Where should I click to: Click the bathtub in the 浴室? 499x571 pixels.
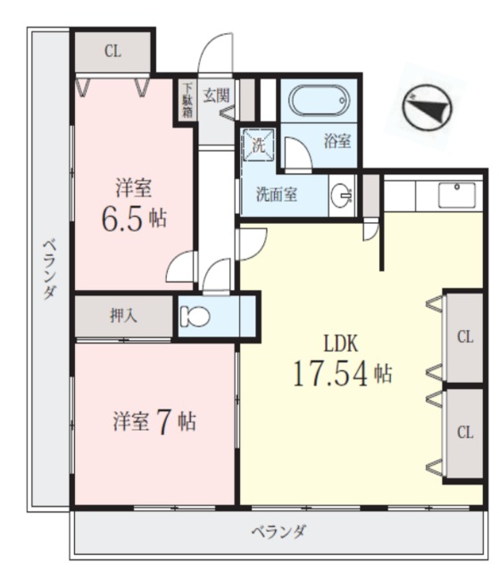319,101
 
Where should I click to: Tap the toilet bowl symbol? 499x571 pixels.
195,316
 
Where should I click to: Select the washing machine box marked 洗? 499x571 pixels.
259,145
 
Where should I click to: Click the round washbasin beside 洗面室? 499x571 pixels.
341,195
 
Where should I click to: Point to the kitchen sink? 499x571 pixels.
457,195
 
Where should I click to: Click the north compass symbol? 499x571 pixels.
427,107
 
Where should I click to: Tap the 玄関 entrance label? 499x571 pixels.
216,95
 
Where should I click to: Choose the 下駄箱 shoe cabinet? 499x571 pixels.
187,100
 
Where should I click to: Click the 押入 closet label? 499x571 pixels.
123,315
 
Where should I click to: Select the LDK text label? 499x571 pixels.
341,343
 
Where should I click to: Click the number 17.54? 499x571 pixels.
330,373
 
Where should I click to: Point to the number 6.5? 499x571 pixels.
121,219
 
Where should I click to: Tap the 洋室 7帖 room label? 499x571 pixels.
154,421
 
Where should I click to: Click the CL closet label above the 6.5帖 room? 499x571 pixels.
112,51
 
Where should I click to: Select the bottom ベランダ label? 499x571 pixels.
279,533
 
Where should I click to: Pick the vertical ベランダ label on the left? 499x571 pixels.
50,269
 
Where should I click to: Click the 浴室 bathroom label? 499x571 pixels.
337,141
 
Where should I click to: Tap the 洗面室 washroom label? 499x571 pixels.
277,194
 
